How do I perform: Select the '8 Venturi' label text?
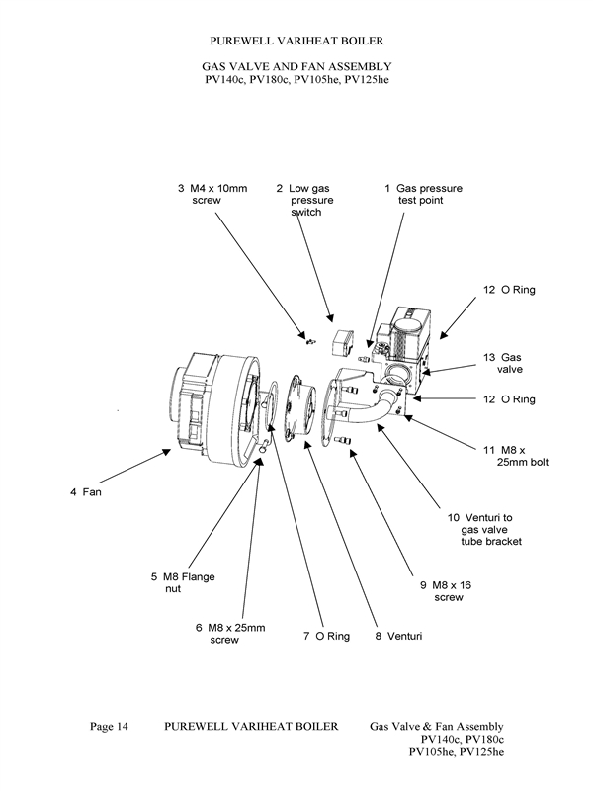point(398,636)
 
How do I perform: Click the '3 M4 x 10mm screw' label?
point(212,193)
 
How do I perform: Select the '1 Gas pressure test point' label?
point(422,193)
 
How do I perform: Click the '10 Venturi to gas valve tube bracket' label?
point(479,529)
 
